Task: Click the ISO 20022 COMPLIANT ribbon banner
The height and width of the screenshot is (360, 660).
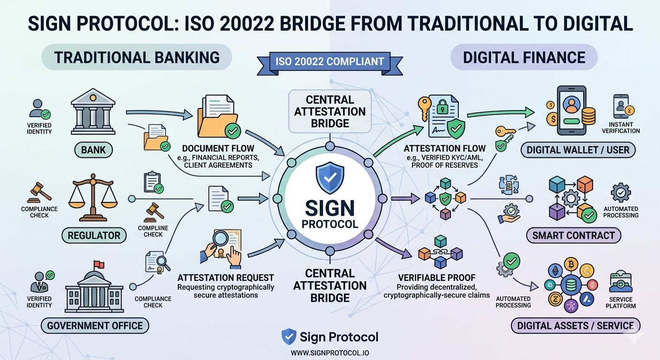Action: (x=330, y=61)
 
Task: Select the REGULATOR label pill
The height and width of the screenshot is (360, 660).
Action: (x=94, y=235)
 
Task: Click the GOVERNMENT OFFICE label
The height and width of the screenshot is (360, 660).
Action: (x=95, y=325)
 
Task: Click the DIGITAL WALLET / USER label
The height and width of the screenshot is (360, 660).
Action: (x=578, y=150)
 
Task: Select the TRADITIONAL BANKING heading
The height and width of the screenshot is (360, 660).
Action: (x=137, y=58)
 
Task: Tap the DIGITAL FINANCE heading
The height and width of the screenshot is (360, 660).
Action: (x=524, y=58)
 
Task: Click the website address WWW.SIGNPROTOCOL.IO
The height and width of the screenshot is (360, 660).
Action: (x=330, y=352)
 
